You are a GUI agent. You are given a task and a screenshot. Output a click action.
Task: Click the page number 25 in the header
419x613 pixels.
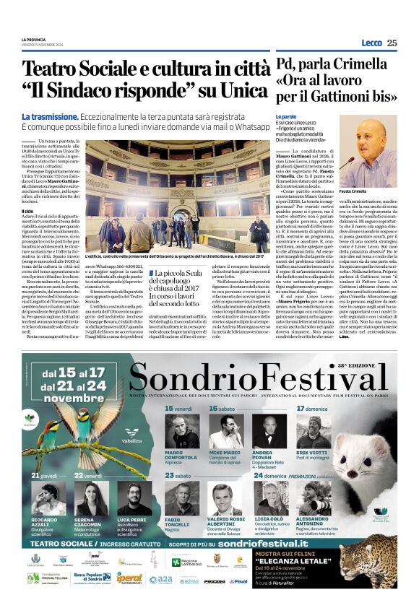point(392,43)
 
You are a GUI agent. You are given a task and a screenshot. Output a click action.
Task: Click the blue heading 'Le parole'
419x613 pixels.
point(286,116)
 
